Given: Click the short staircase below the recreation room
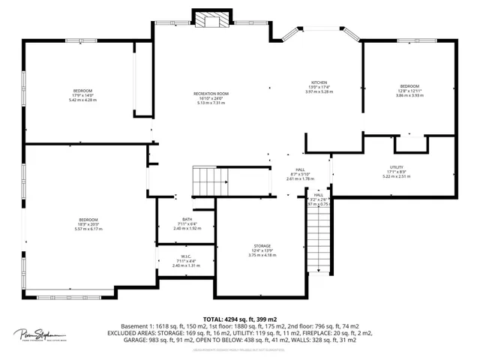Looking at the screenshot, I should pyautogui.click(x=210, y=180).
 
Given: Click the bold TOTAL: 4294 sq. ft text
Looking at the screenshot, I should pyautogui.click(x=239, y=319).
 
